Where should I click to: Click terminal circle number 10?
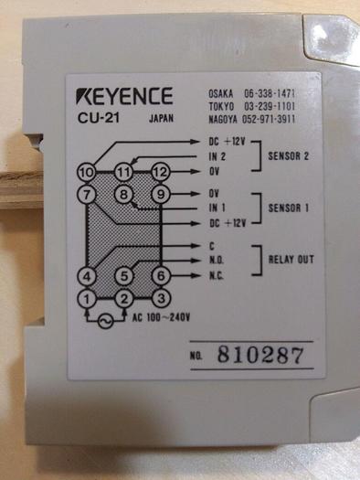pos(87,172)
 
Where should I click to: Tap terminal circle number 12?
pos(161,172)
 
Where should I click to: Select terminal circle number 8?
pos(123,194)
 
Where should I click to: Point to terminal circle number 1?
pos(87,298)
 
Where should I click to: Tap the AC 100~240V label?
pos(164,318)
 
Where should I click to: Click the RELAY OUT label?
pos(291,260)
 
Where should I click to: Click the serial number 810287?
pos(261,355)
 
